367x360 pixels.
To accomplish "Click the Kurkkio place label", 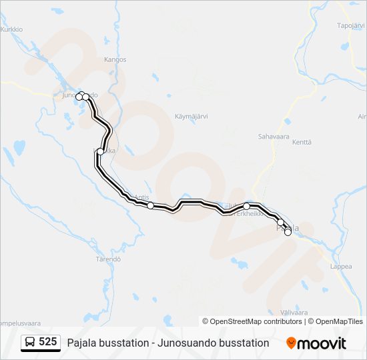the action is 12,29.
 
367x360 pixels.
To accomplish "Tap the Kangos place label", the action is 115,59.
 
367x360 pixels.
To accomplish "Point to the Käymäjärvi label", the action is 192,116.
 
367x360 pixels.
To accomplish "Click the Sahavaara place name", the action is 273,136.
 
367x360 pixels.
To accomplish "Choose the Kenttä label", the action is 302,142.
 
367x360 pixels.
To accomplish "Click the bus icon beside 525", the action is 30,342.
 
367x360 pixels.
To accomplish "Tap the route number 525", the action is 47,342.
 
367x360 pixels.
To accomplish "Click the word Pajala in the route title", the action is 82,343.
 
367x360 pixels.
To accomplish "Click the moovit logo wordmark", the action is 322,343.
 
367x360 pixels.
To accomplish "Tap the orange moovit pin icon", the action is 291,343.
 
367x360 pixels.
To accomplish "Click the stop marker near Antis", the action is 151,205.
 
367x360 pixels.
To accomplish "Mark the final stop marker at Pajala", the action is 288,232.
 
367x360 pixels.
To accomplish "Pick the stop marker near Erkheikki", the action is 246,206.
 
